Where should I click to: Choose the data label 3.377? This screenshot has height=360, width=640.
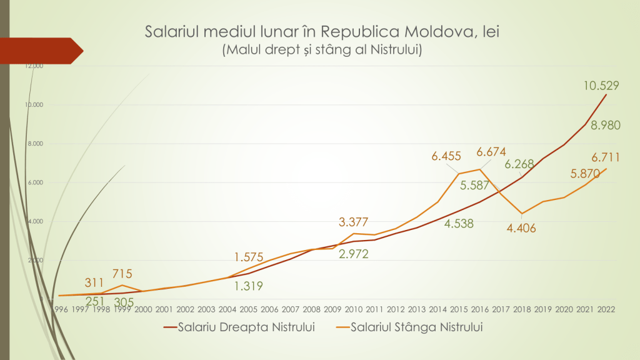click(354, 222)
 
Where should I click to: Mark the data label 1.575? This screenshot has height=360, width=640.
click(250, 257)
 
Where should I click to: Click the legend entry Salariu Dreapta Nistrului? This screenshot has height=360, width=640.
click(245, 327)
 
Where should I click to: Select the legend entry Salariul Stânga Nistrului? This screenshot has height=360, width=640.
click(417, 327)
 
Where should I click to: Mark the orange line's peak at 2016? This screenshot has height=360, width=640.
click(480, 169)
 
